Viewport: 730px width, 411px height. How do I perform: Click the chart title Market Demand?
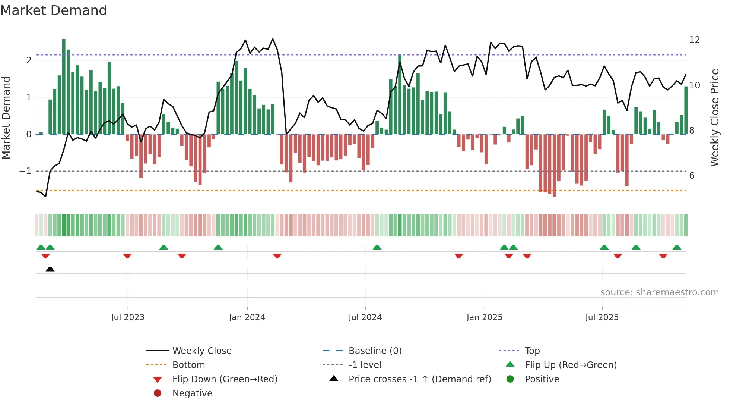[x=54, y=10]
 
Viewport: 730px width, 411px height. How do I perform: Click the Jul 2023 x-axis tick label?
[x=127, y=317]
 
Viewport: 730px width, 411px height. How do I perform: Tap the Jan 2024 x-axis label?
[x=247, y=317]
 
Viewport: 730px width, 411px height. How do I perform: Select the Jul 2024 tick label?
[x=365, y=317]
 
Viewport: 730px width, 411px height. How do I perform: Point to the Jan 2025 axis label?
[x=484, y=317]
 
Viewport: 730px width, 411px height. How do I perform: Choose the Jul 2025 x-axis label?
[x=602, y=317]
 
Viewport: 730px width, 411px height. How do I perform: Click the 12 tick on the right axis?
[x=694, y=40]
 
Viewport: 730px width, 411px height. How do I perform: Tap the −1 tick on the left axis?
[x=25, y=171]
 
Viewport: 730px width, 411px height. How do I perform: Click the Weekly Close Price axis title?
[x=714, y=117]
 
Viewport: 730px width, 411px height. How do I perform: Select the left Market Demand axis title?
[x=6, y=117]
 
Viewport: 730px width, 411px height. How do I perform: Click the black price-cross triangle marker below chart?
[x=50, y=269]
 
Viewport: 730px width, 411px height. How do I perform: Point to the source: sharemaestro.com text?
[x=659, y=292]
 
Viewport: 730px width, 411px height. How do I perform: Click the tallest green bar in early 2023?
[x=64, y=87]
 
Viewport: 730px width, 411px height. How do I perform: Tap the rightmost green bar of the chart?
[x=686, y=110]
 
